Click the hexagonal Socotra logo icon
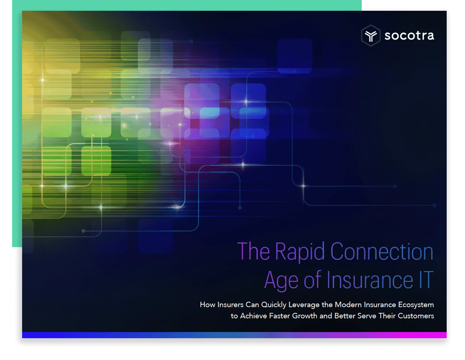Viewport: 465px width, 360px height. (x=371, y=36)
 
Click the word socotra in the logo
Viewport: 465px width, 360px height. (x=409, y=36)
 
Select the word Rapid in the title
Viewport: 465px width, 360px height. (x=300, y=252)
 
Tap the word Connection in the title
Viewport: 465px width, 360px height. (x=382, y=251)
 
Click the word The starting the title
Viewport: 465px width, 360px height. (x=253, y=251)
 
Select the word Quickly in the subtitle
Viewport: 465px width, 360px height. (x=274, y=305)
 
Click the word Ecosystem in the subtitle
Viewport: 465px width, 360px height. (x=416, y=305)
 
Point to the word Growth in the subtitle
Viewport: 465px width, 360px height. (x=305, y=316)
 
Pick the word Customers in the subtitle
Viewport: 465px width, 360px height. (x=416, y=316)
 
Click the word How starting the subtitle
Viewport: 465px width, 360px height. (x=208, y=304)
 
